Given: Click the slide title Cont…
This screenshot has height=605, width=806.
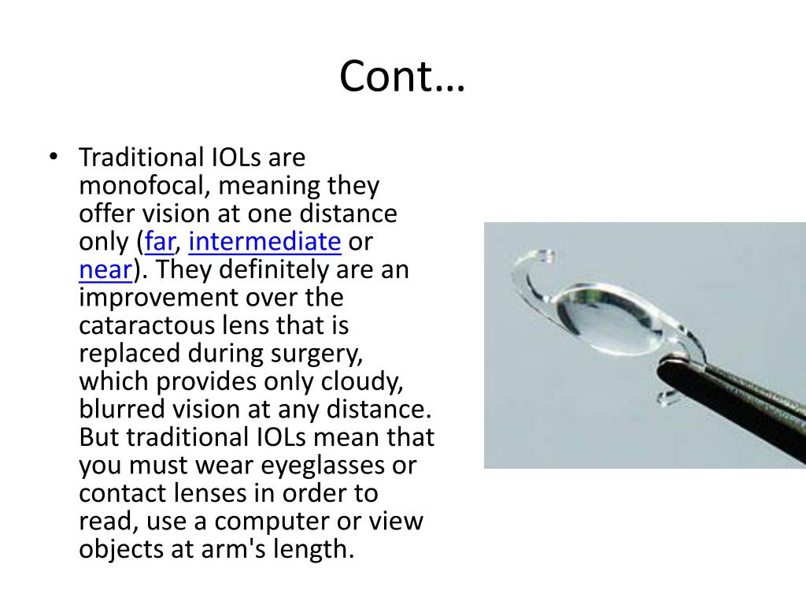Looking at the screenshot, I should tap(402, 76).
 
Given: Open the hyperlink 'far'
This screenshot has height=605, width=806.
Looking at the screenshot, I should tap(160, 241).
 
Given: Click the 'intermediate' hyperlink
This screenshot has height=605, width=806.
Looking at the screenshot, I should tap(264, 241).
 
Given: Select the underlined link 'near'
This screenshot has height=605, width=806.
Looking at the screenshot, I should tap(105, 270).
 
